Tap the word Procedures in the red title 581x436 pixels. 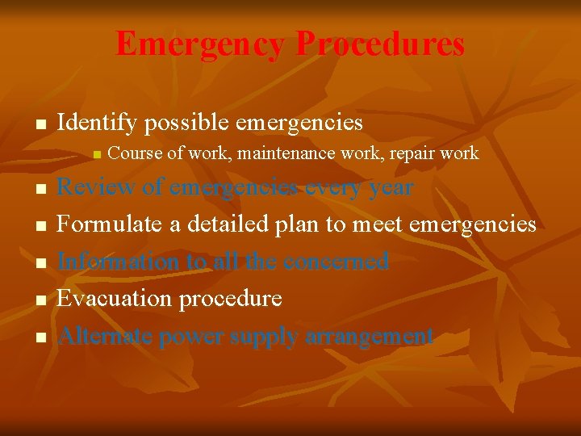click(x=380, y=44)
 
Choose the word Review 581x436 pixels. click(x=95, y=187)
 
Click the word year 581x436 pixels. click(x=388, y=188)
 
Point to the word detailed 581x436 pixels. click(x=235, y=224)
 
